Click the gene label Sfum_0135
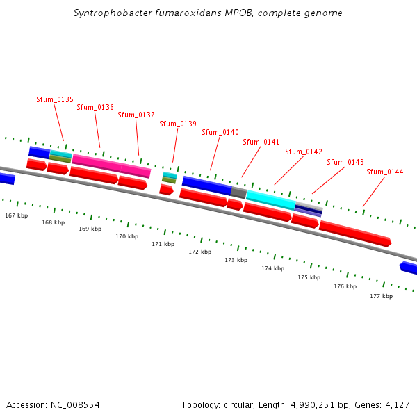tap(55, 99)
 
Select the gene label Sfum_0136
tap(95, 107)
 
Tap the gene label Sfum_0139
tap(178, 124)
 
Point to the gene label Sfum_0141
tap(261, 142)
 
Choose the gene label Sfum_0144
tap(384, 172)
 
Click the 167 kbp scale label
tap(17, 215)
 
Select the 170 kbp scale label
tap(126, 236)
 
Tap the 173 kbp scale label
tap(236, 260)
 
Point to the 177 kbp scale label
tap(381, 296)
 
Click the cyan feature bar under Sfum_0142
tap(270, 199)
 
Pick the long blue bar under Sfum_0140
tap(206, 186)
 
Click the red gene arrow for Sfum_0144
tap(355, 234)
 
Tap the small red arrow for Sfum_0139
tap(166, 189)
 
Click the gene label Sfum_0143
tap(345, 162)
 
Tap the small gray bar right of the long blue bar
tap(238, 193)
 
